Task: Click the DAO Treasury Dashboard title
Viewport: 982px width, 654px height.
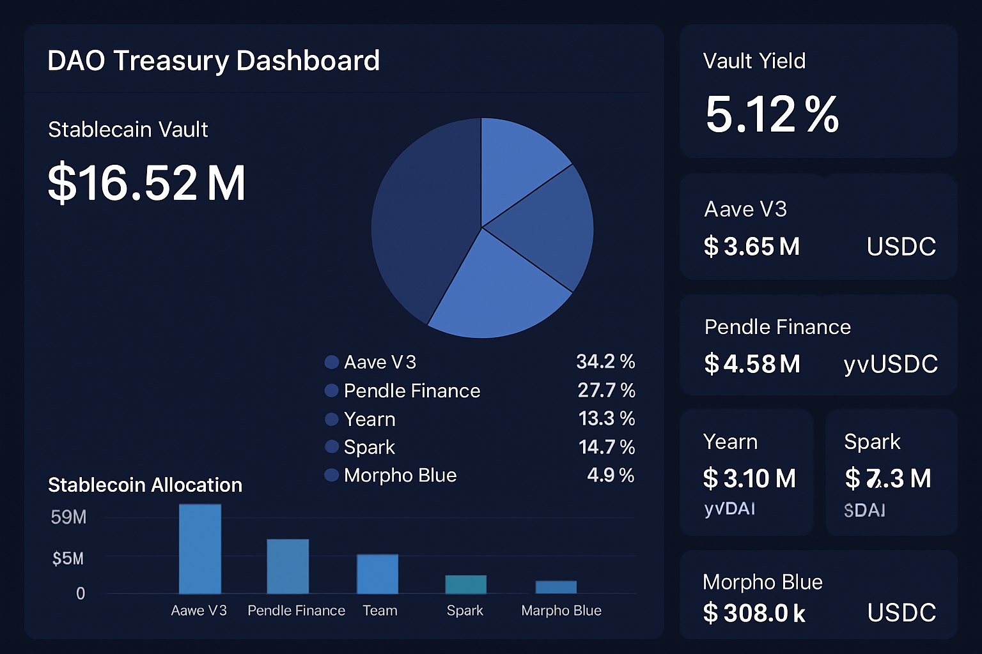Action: click(x=214, y=61)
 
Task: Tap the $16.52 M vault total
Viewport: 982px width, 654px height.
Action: click(x=146, y=183)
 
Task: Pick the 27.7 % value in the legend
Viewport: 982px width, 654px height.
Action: click(x=606, y=390)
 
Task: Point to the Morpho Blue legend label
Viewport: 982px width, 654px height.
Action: click(x=400, y=475)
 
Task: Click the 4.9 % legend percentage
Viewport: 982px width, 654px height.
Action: click(x=611, y=475)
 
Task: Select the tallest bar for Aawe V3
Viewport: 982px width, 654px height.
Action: click(x=200, y=549)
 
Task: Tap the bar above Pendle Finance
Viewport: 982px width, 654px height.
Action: click(x=288, y=566)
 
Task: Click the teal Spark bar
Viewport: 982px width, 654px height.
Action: click(x=465, y=584)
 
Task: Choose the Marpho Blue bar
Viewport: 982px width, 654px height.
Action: click(x=556, y=587)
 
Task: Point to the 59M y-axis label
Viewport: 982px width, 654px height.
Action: click(x=68, y=517)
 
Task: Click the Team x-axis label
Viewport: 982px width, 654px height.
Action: click(x=380, y=611)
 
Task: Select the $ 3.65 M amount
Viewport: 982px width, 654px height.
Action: click(x=752, y=247)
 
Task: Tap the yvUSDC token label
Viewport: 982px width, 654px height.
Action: click(x=891, y=364)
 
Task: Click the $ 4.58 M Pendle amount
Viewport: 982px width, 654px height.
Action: click(x=752, y=364)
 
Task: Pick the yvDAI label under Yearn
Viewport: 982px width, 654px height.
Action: click(x=729, y=509)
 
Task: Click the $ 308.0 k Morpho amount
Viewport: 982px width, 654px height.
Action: click(x=754, y=613)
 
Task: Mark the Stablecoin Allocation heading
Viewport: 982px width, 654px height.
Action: click(x=145, y=485)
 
